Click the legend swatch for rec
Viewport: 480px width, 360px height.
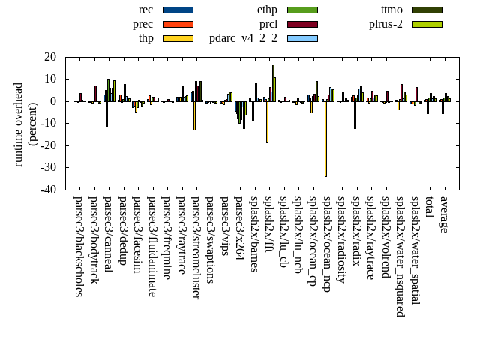point(178,10)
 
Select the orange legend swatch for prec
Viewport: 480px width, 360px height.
point(178,24)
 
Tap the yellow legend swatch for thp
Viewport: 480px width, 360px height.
point(178,38)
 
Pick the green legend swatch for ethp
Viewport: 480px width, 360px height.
point(302,10)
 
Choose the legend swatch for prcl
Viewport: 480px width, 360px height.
point(302,24)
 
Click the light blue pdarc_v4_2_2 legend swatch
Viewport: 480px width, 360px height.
point(302,38)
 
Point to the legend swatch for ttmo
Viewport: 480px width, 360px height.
point(427,10)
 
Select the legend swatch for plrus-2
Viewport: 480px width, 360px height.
point(427,24)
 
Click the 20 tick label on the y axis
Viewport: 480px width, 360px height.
point(51,57)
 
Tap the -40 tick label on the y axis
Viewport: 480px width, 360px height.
point(48,190)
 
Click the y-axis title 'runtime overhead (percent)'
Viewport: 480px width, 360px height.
point(25,124)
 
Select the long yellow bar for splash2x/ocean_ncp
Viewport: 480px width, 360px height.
point(325,139)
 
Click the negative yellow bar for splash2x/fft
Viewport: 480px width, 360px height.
point(267,121)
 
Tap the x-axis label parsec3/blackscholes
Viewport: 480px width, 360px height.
point(79,247)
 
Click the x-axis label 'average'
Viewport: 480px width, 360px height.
point(444,214)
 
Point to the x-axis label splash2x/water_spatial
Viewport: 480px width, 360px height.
point(415,251)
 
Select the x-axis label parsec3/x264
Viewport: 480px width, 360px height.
point(239,228)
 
